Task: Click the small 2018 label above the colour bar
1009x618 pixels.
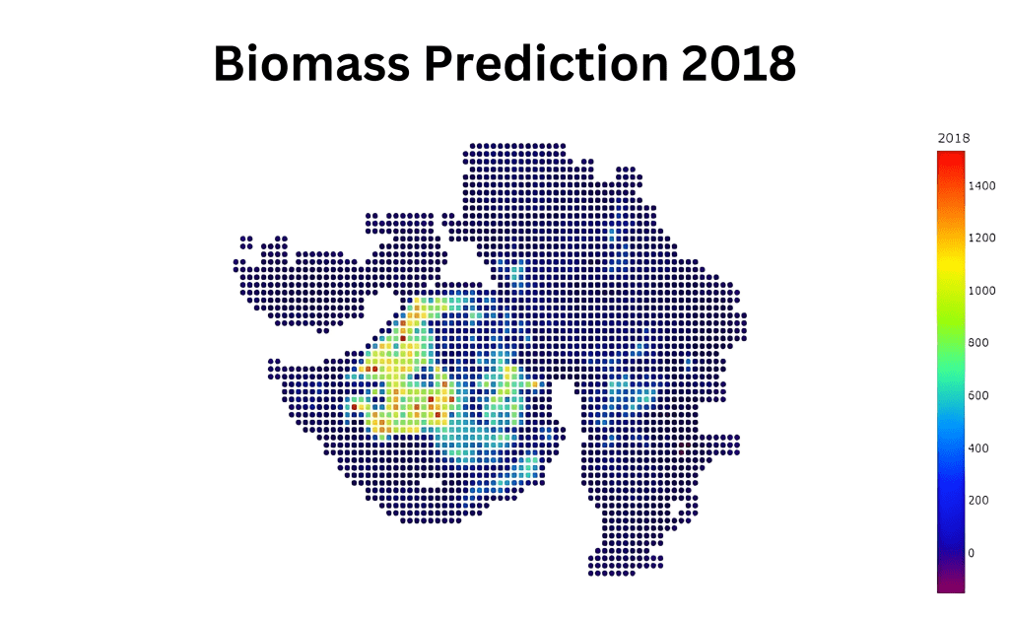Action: (x=953, y=138)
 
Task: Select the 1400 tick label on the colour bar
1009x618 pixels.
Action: (x=981, y=185)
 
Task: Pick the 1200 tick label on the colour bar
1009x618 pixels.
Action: (x=981, y=238)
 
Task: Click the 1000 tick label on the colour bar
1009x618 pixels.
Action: (x=981, y=290)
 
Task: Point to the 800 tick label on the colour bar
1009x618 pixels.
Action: (x=978, y=342)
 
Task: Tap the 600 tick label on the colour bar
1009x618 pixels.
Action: (x=978, y=395)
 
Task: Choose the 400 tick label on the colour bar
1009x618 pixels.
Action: (x=978, y=447)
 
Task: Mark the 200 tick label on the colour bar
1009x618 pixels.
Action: (x=978, y=500)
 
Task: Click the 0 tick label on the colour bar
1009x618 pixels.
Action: (x=973, y=552)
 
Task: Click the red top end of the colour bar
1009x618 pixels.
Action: (x=951, y=158)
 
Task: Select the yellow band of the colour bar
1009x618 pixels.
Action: (x=951, y=271)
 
